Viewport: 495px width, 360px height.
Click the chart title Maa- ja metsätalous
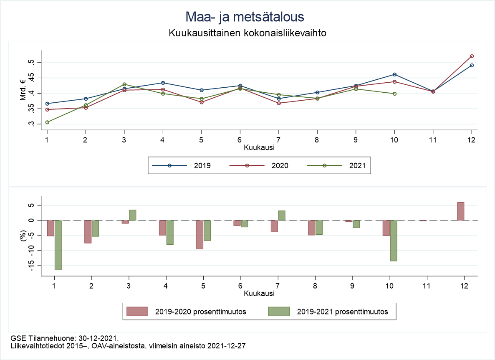click(x=245, y=17)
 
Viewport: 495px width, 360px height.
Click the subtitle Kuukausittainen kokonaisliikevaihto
click(x=247, y=33)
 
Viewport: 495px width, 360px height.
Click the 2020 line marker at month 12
click(x=472, y=56)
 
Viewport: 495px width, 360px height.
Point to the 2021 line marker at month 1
click(x=47, y=122)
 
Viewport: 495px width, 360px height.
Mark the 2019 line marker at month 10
click(x=394, y=74)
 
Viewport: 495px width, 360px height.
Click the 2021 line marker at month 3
click(x=124, y=84)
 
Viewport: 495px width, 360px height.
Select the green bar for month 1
click(x=58, y=245)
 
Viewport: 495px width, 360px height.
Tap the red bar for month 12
click(x=460, y=211)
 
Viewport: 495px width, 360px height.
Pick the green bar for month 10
click(x=394, y=241)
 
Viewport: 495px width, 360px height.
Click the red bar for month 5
click(x=200, y=234)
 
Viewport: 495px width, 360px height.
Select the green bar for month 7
click(x=282, y=215)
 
